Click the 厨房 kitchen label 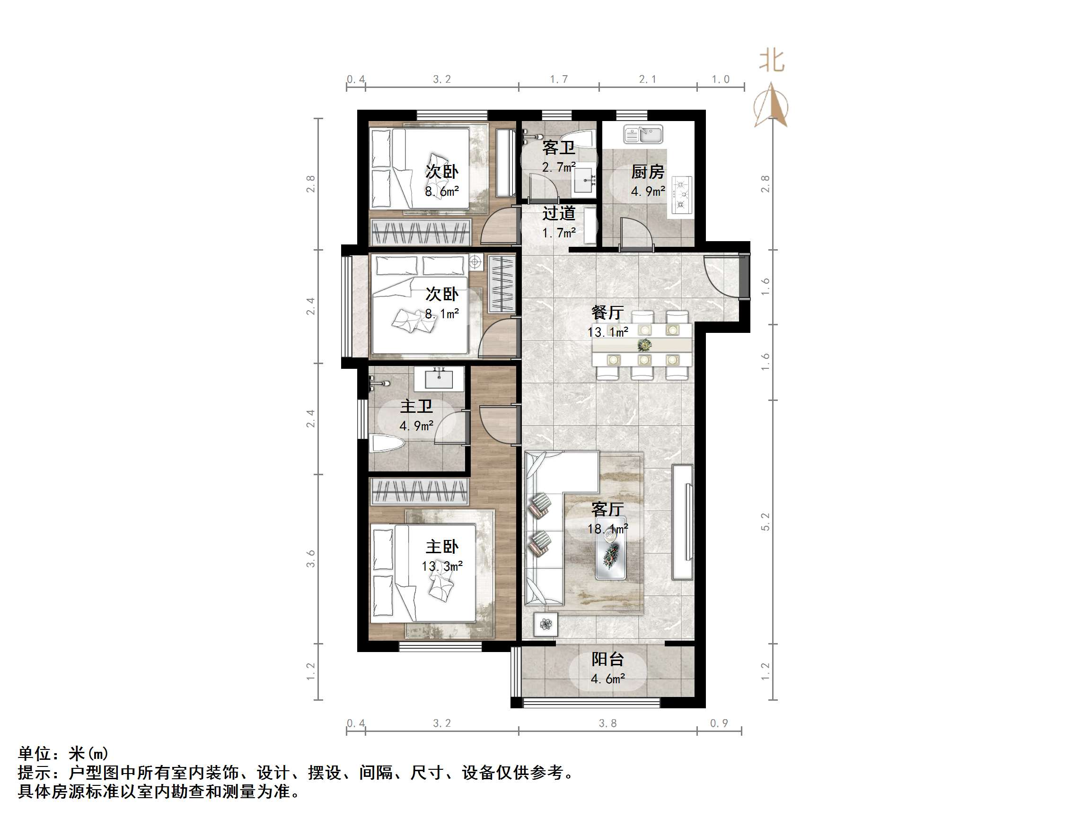[x=648, y=172]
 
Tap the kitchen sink [x=643, y=134]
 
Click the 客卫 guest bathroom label [x=558, y=147]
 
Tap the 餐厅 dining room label [x=607, y=313]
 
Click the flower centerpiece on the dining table [x=644, y=345]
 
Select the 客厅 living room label [x=607, y=509]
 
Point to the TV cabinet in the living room [x=682, y=522]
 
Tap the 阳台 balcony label [x=607, y=659]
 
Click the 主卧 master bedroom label [x=442, y=547]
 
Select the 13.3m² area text [x=442, y=566]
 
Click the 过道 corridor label [x=559, y=214]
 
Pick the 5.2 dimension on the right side [x=765, y=522]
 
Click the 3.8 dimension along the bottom [x=607, y=723]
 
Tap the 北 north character [x=771, y=61]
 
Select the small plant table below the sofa [x=545, y=624]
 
